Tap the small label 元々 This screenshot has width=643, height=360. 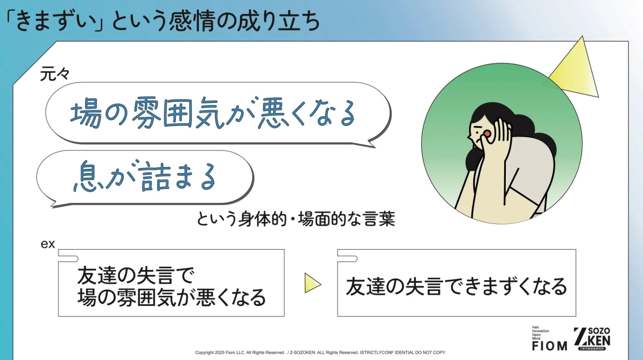[52, 74]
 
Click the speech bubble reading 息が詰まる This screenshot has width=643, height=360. [145, 177]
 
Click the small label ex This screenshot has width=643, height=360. [48, 244]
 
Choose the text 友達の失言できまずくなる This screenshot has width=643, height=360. [456, 286]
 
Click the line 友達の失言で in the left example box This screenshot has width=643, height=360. [134, 276]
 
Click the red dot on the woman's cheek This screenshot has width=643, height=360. [487, 133]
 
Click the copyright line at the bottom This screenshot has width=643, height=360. [320, 352]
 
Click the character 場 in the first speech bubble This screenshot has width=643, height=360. [85, 114]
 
